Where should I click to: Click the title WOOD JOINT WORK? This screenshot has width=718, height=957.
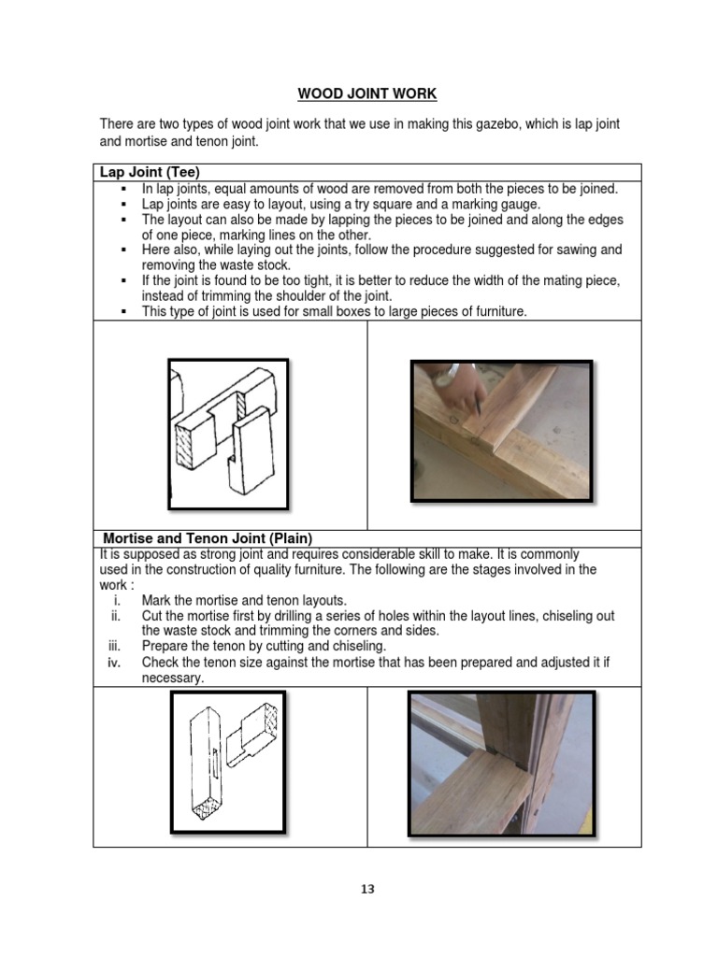pyautogui.click(x=366, y=93)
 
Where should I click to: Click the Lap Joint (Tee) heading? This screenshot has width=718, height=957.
pyautogui.click(x=151, y=172)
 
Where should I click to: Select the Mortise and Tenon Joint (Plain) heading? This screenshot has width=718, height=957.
pyautogui.click(x=207, y=538)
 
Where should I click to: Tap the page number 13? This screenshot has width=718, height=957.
pyautogui.click(x=367, y=889)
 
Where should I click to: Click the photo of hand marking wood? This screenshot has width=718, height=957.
pyautogui.click(x=501, y=431)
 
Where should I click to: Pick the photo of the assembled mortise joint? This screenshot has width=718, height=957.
pyautogui.click(x=501, y=764)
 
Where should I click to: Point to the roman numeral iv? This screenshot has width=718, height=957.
pyautogui.click(x=116, y=663)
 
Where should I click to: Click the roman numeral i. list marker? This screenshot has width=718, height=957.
pyautogui.click(x=117, y=600)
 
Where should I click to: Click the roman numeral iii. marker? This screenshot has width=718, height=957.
pyautogui.click(x=116, y=647)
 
